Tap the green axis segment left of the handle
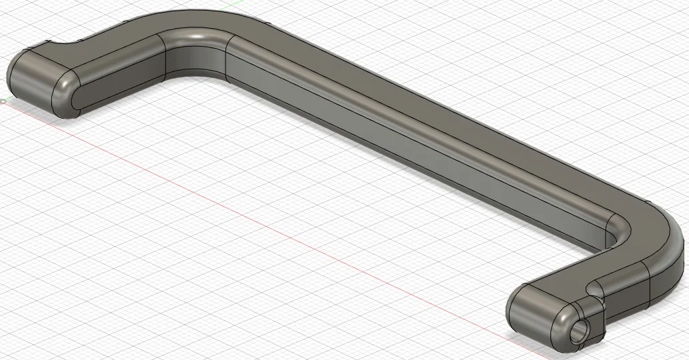click(5, 101)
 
